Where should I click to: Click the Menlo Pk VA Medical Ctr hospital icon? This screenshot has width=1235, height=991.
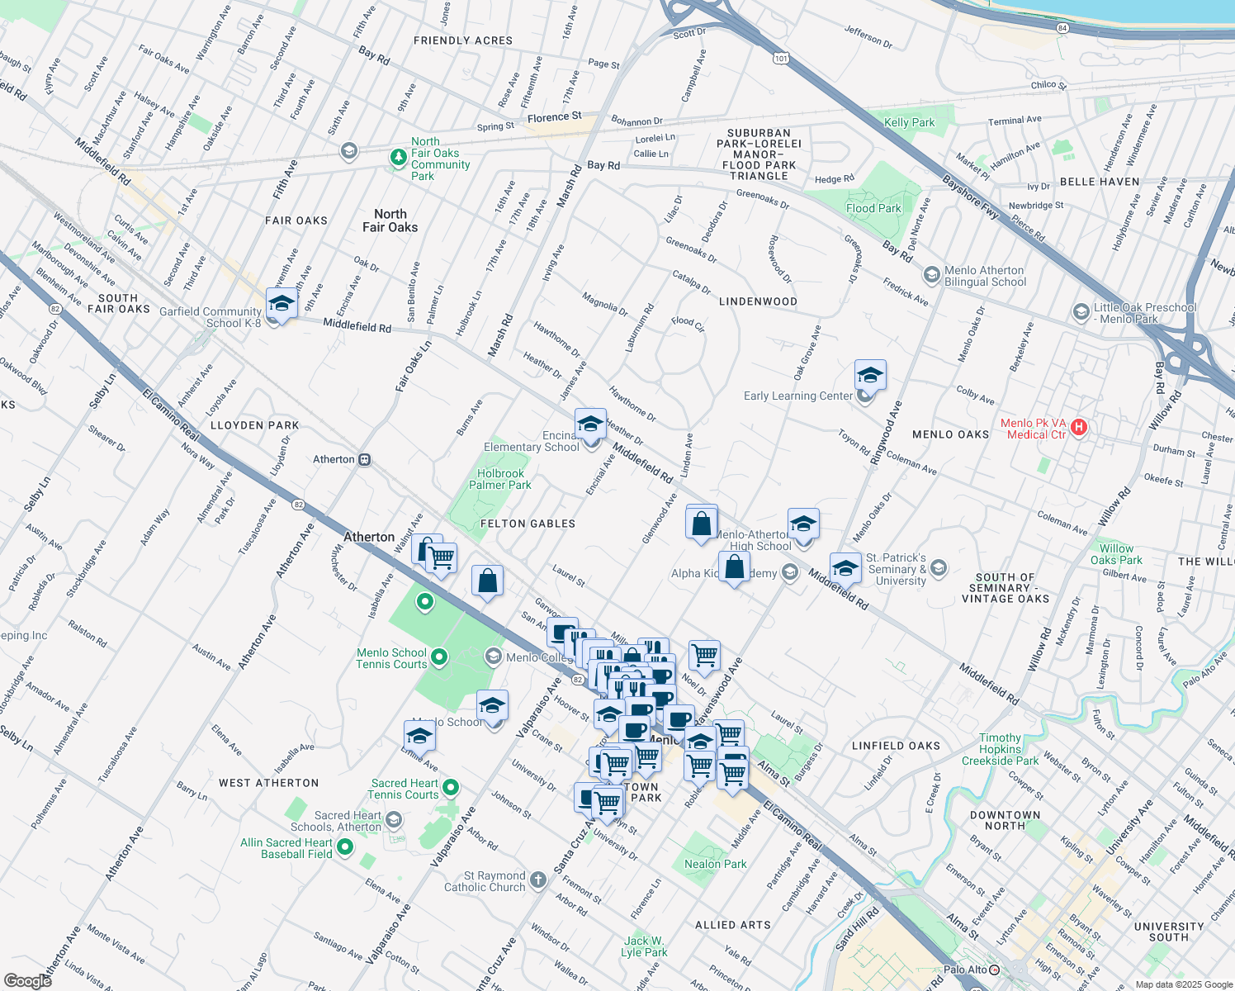coord(1079,428)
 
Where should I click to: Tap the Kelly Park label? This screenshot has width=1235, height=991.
coord(909,122)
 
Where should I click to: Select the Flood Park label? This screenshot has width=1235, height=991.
coord(873,208)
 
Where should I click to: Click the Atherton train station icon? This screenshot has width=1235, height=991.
coord(365,459)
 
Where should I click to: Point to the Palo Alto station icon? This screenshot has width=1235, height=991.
coord(995,970)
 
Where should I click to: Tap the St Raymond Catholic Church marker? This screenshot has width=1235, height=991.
coord(538,880)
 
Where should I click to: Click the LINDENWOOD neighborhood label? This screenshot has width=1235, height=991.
coord(758,301)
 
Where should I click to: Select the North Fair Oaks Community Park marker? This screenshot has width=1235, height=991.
coord(398,158)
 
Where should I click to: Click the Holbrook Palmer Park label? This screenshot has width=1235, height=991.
coord(500,479)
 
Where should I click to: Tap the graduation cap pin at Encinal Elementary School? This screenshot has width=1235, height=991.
coord(590,424)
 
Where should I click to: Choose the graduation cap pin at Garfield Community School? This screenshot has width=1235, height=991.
coord(282,304)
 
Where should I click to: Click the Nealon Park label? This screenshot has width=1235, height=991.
coord(715,864)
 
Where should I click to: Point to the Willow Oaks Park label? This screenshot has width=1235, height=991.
coord(1116,554)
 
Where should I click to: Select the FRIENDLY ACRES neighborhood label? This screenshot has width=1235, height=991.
coord(463,40)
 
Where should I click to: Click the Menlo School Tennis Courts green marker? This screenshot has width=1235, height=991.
coord(439,657)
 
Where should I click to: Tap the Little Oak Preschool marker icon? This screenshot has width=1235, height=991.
coord(1081,311)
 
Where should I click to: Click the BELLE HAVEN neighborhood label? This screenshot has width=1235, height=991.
coord(1100,182)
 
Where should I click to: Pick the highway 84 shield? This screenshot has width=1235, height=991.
coord(1062,28)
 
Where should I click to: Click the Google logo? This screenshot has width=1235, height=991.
coord(27,980)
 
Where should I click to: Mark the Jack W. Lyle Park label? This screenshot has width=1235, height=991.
coord(644,946)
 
